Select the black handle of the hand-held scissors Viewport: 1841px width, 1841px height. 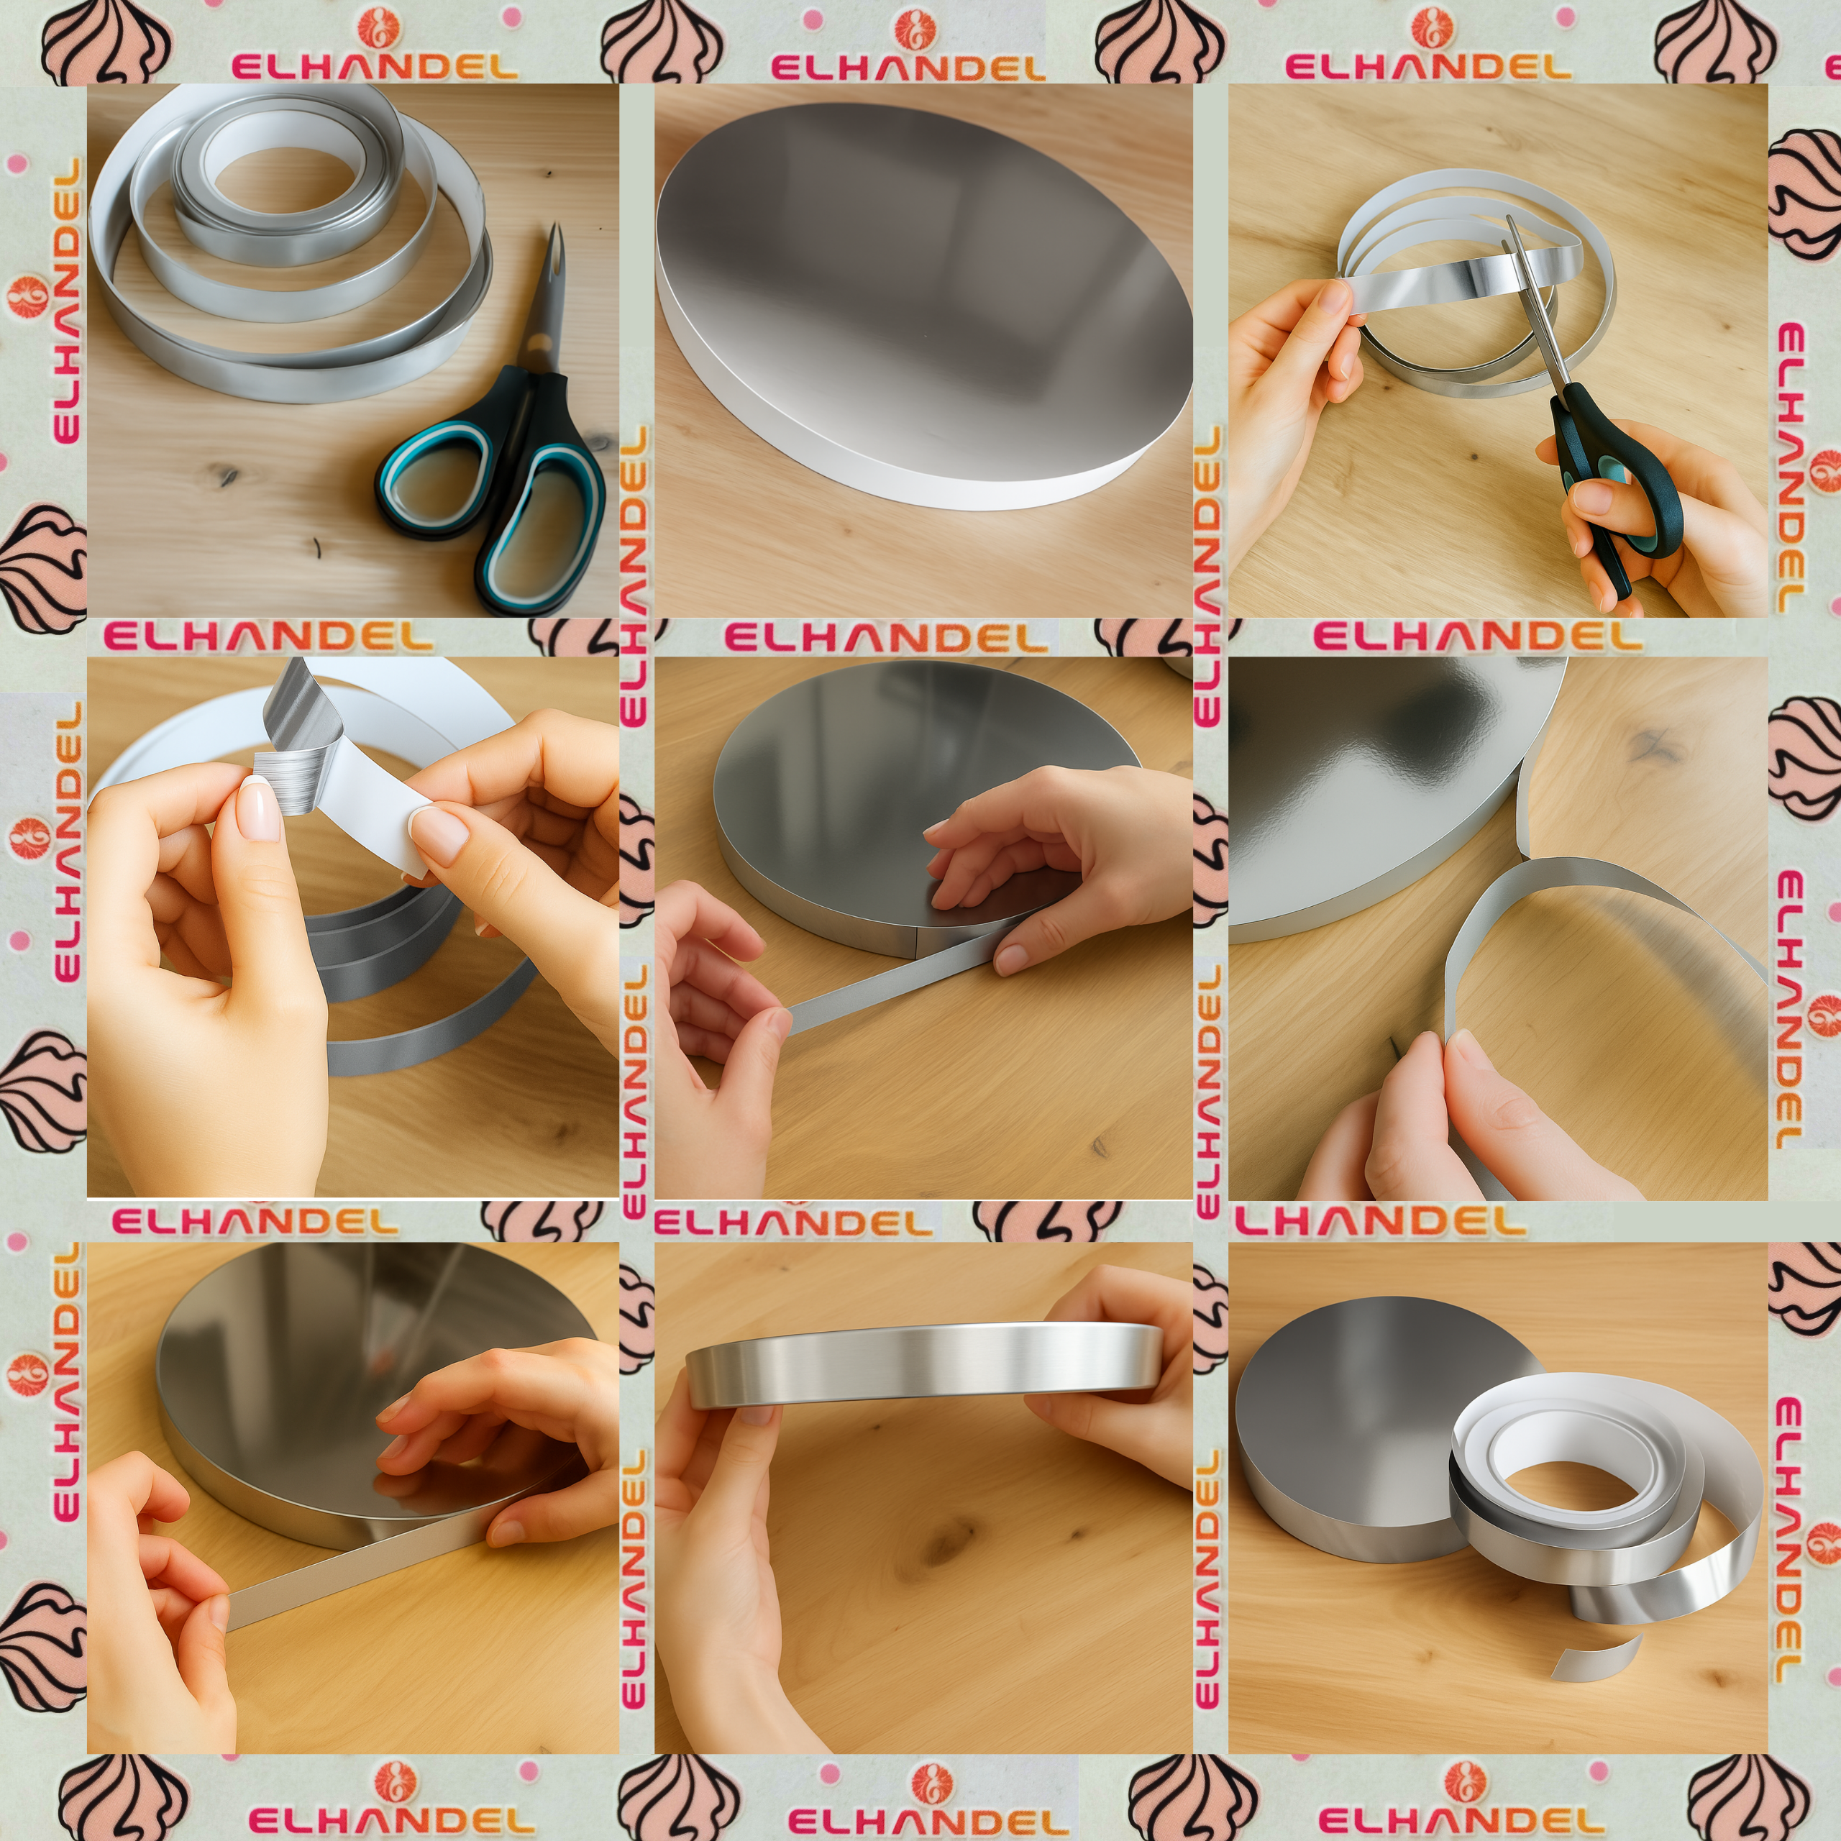pos(1610,477)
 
